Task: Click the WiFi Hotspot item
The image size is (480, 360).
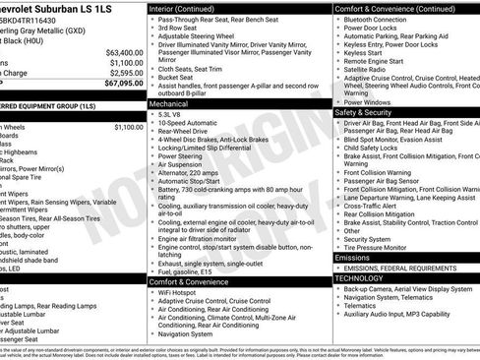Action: (182, 292)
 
